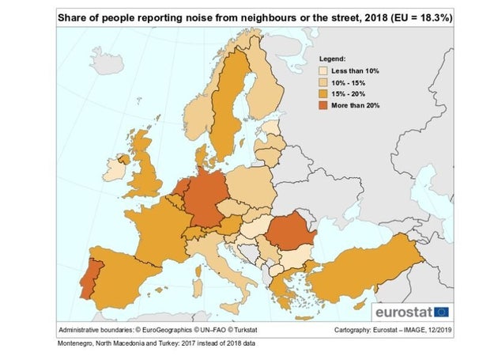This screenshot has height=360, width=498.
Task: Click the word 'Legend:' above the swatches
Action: coord(332,59)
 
